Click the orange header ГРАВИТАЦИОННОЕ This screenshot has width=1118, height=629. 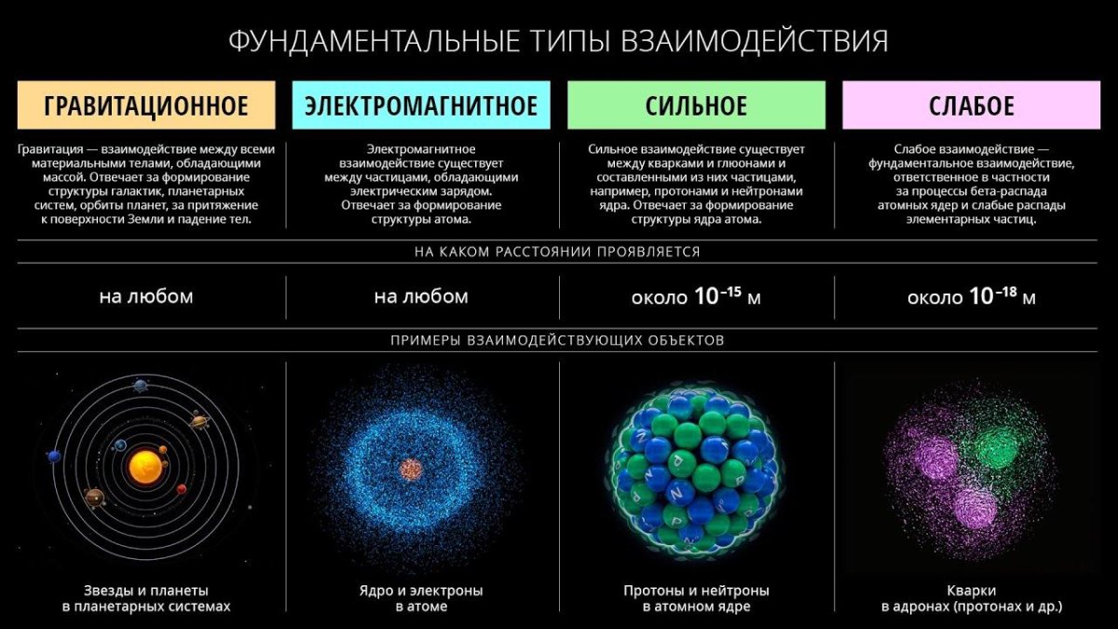(x=146, y=105)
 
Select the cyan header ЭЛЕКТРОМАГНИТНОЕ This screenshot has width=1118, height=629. (x=421, y=105)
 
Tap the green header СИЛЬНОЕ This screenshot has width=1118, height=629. (x=696, y=105)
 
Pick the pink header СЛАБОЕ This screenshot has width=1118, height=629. (x=971, y=105)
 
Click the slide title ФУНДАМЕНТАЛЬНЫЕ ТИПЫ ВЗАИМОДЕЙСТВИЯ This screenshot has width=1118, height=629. (x=558, y=42)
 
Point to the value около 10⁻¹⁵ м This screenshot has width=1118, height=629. (x=696, y=298)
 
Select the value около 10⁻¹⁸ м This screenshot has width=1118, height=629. (x=971, y=298)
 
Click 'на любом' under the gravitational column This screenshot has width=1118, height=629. (x=146, y=297)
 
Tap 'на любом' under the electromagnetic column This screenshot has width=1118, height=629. (x=421, y=297)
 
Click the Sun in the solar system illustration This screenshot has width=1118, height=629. (x=144, y=466)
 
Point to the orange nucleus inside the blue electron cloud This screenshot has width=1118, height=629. (x=409, y=470)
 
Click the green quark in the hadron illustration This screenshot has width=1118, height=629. (x=998, y=447)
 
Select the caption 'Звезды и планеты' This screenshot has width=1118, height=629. (x=146, y=591)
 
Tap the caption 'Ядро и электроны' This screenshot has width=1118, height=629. (x=421, y=591)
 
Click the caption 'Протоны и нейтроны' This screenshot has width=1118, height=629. (x=696, y=591)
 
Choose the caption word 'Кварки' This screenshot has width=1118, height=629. (x=971, y=591)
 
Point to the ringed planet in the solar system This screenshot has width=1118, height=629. (x=199, y=423)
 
